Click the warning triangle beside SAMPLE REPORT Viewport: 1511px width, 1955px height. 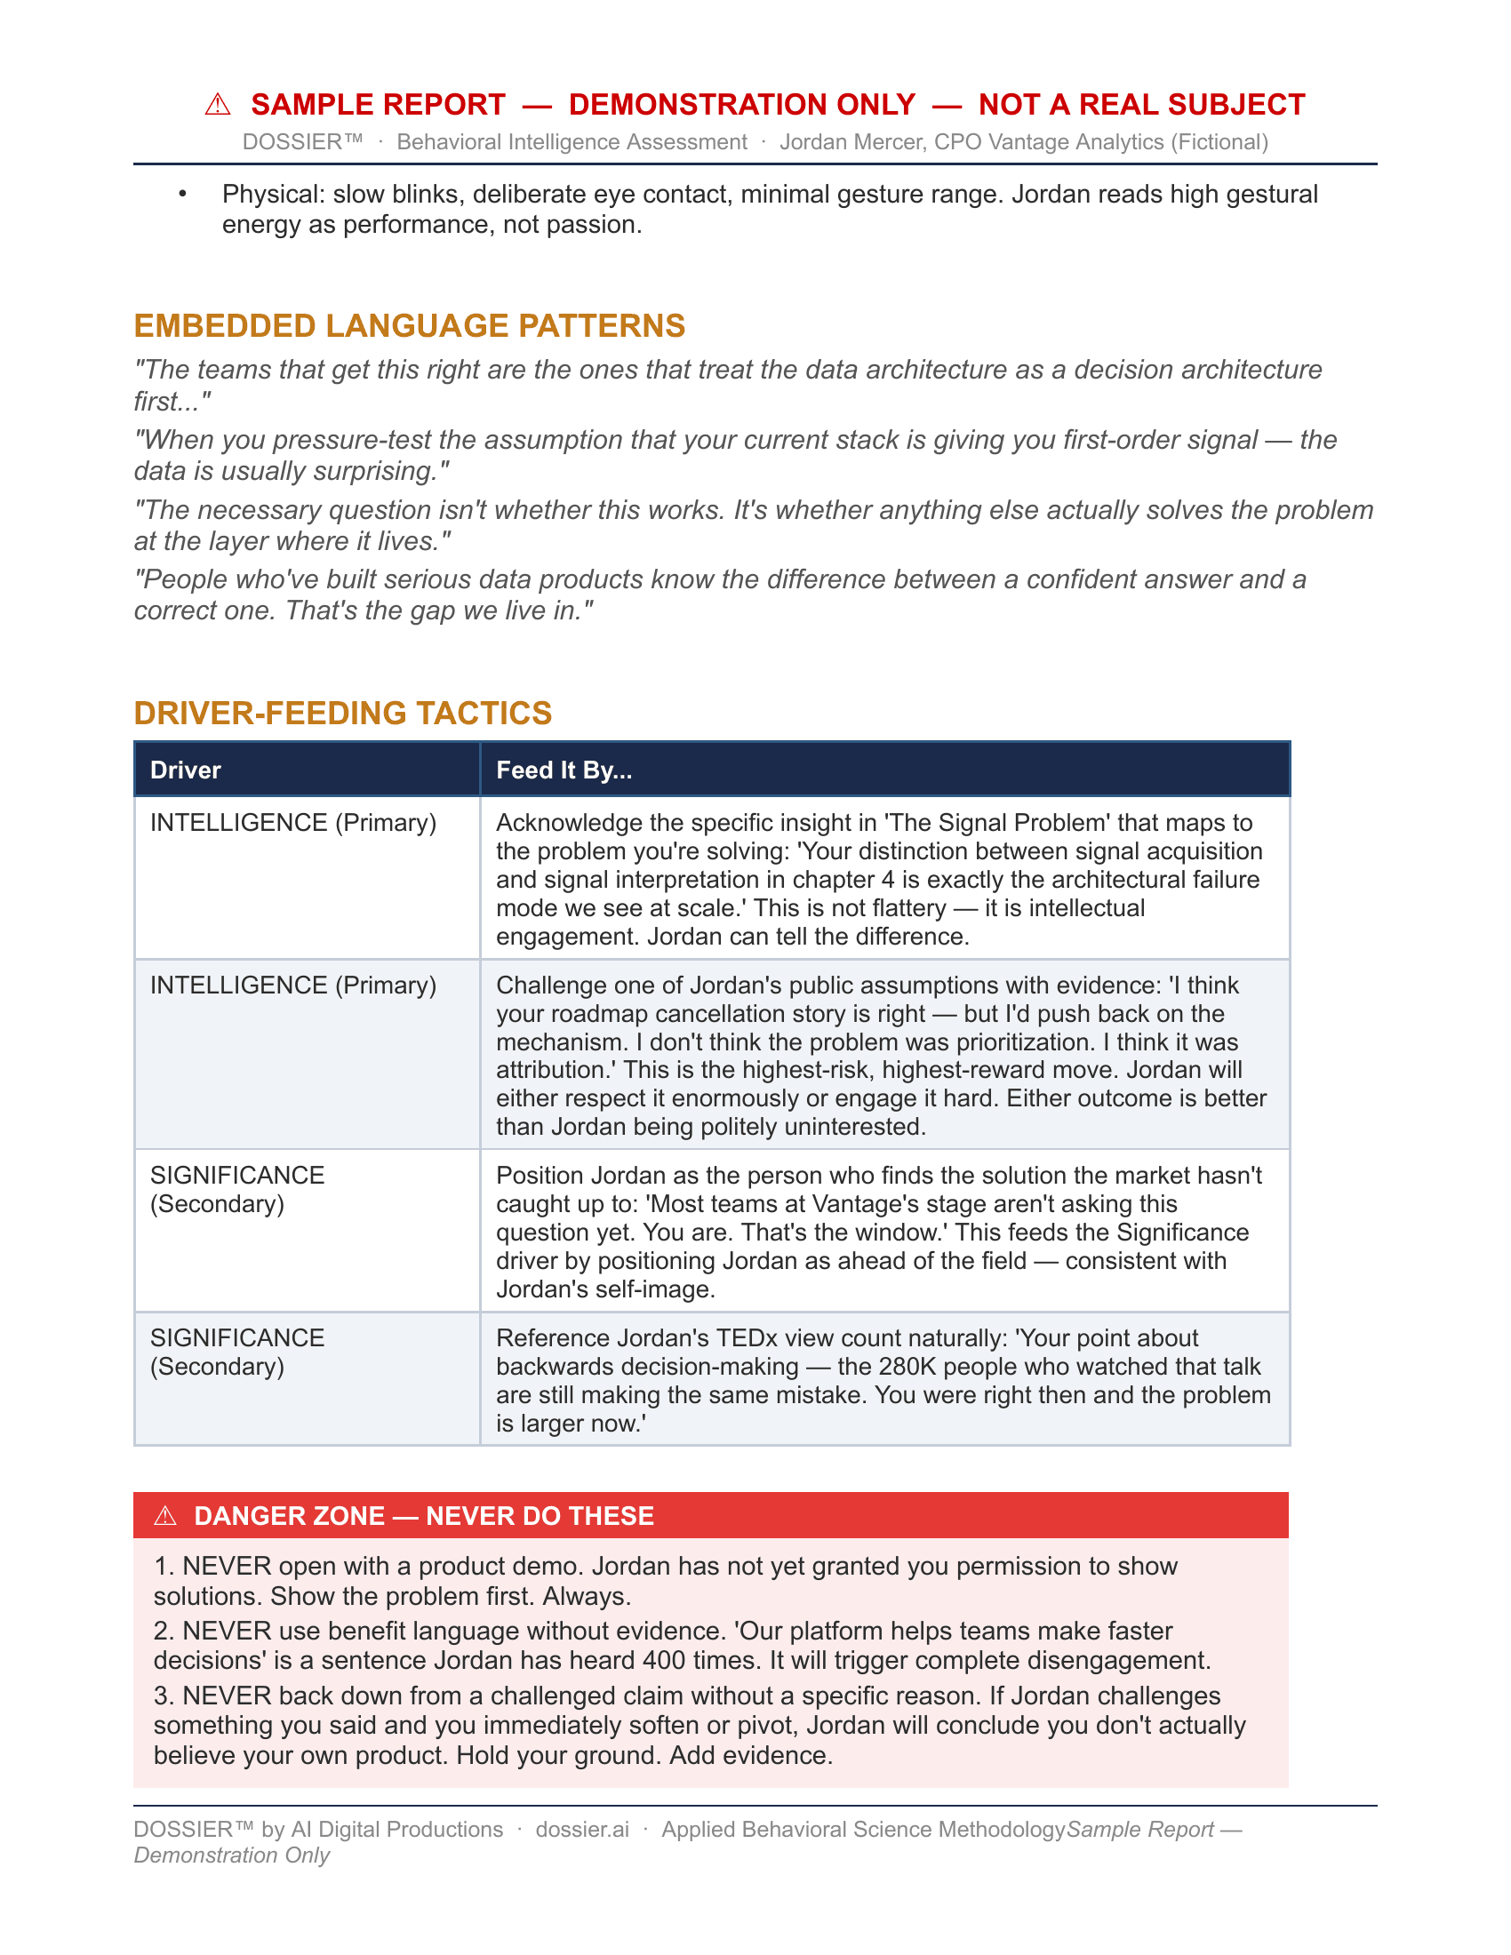coord(218,105)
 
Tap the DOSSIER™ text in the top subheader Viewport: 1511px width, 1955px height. coord(302,142)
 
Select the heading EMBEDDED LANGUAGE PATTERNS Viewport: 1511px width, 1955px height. coord(409,326)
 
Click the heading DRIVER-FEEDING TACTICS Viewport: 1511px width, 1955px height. coord(343,714)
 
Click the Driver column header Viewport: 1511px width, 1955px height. coord(185,770)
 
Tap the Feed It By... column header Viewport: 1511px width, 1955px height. coord(564,770)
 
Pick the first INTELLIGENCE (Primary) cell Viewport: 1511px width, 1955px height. coord(292,823)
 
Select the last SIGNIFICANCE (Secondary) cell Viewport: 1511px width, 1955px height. coord(237,1352)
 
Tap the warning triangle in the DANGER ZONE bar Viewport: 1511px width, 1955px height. coord(165,1515)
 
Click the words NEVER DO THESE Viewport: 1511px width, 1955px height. coord(540,1515)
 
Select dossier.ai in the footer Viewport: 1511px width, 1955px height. coord(582,1830)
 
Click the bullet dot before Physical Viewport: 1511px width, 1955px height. coord(182,195)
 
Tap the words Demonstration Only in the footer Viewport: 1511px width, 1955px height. coord(232,1855)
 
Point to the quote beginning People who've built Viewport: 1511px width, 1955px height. coord(720,595)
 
